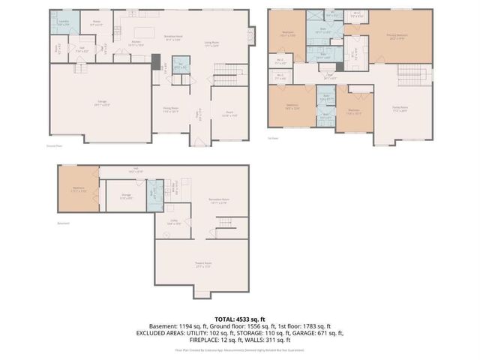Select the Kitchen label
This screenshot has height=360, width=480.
(137, 43)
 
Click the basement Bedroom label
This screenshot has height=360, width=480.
(78, 190)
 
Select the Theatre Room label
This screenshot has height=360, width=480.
(202, 266)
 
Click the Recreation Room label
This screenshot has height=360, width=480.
(217, 200)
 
